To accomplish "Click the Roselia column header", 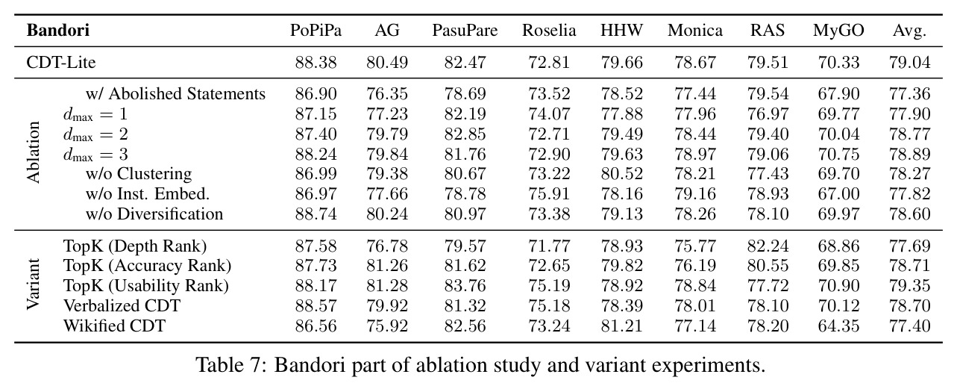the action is point(549,31).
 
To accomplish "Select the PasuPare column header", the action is point(465,31).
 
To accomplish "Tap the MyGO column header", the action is point(838,31).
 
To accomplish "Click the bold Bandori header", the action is point(58,31).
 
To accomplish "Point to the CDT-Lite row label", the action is point(61,63).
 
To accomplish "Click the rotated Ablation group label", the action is point(33,152).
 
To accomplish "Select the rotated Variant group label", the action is point(33,284).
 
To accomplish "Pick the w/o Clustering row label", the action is point(139,174).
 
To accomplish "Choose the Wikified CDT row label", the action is point(115,326).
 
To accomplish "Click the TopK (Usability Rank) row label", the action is point(146,286).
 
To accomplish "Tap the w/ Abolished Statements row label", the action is point(175,93).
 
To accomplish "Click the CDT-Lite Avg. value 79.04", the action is point(909,63).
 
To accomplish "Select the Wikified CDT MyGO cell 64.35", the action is point(838,326).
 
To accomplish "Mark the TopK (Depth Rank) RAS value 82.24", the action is point(768,246).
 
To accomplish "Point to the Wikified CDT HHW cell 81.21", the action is point(621,326).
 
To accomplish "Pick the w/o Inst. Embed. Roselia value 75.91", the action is point(549,194).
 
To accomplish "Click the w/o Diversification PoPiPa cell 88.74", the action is point(316,214).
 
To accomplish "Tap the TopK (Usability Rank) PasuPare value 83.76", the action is point(465,286).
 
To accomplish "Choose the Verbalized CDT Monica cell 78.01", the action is point(695,306).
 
